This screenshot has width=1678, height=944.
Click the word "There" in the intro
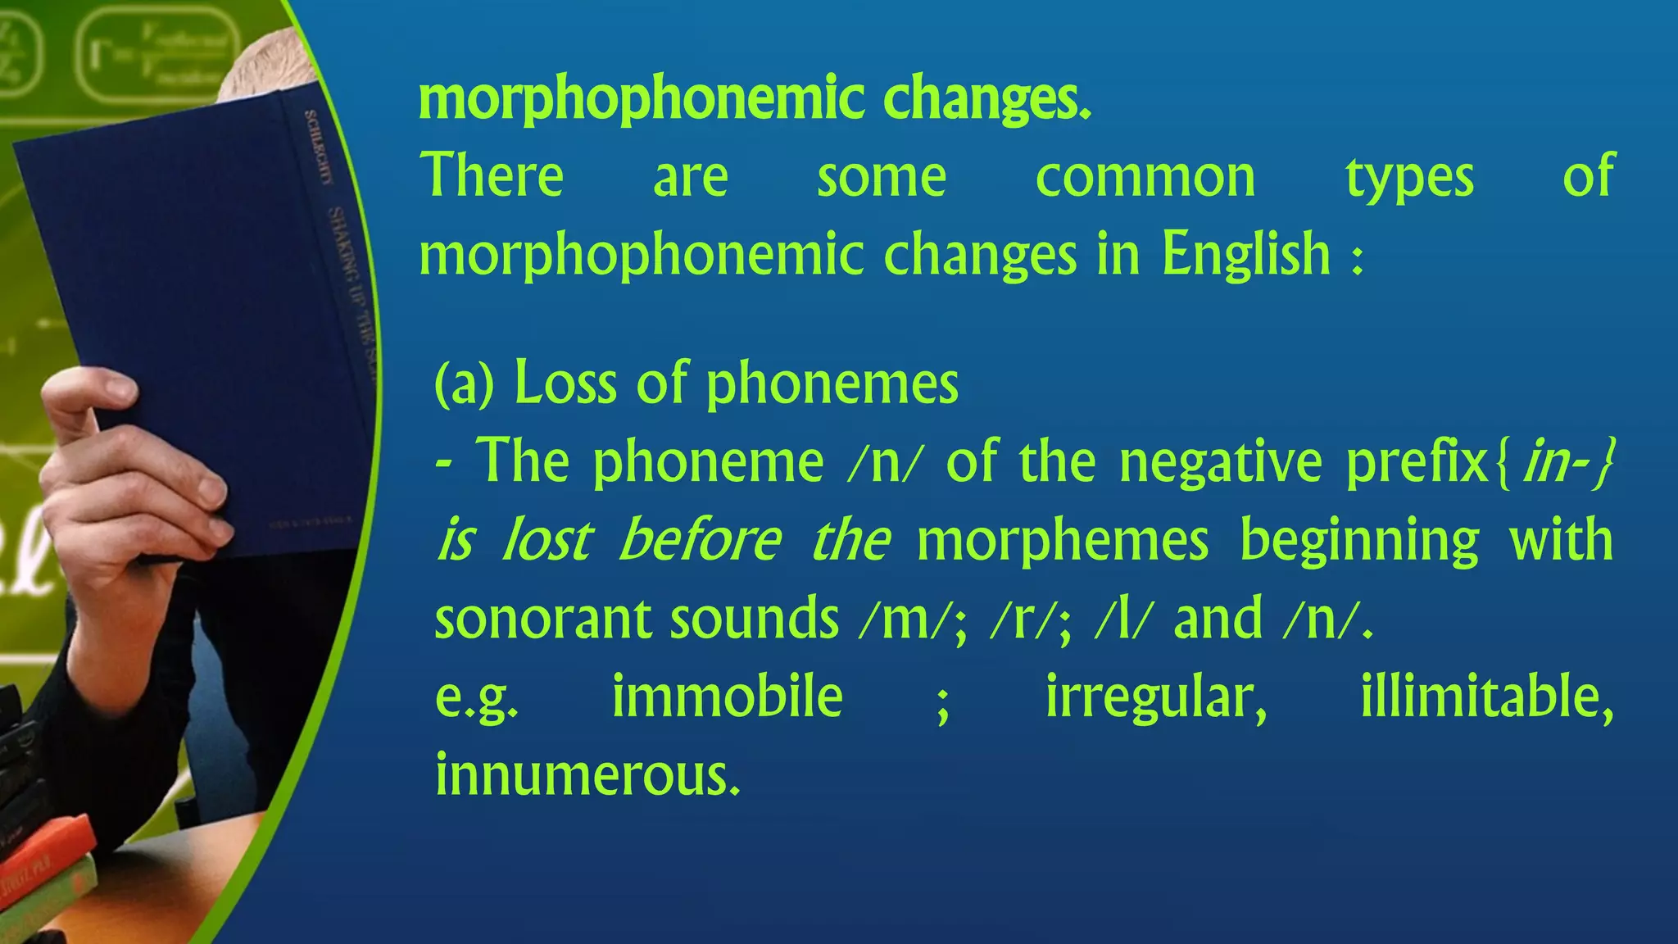pyautogui.click(x=492, y=176)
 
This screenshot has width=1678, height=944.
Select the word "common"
pyautogui.click(x=1145, y=178)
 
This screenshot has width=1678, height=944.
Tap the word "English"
pyautogui.click(x=1245, y=255)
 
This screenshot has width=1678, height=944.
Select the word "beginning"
pyautogui.click(x=1359, y=541)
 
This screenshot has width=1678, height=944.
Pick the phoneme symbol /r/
pyautogui.click(x=1024, y=619)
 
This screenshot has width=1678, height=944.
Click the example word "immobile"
pyautogui.click(x=728, y=697)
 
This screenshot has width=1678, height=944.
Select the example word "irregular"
pyautogui.click(x=1156, y=697)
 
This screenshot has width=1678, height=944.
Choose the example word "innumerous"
pyautogui.click(x=587, y=775)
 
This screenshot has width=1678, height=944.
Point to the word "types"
pyautogui.click(x=1409, y=178)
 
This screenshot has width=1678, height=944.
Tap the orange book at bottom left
pyautogui.click(x=41, y=860)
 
